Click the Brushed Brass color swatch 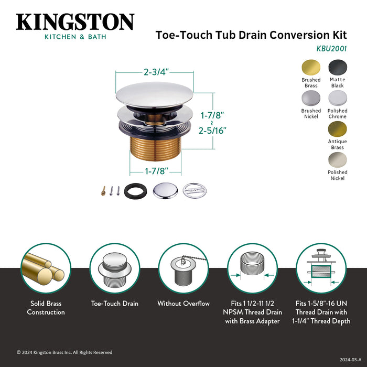pos(310,68)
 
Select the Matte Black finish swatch pos(337,68)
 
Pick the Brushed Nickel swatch pos(310,99)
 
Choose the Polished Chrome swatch pos(337,99)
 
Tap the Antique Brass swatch pos(337,129)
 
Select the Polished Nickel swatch pos(337,160)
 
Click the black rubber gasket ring pos(136,190)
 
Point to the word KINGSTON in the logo pos(75,22)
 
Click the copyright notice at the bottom pos(64,352)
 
